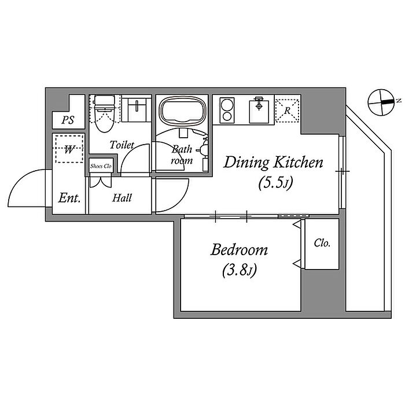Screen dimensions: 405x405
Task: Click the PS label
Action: click(x=68, y=120)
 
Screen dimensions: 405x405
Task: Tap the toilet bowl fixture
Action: click(x=104, y=113)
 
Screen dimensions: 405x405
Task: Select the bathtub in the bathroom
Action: click(x=182, y=111)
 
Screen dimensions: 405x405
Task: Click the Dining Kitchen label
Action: click(x=273, y=163)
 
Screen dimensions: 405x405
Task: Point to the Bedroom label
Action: click(x=239, y=250)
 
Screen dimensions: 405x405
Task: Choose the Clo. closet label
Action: click(x=322, y=243)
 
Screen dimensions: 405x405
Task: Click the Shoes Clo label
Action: click(x=101, y=166)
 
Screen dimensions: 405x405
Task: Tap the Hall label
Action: click(x=122, y=198)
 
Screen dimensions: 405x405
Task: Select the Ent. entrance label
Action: click(x=69, y=198)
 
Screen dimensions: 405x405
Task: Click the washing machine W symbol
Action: click(x=69, y=149)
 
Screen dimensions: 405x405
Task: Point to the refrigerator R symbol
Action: click(x=287, y=111)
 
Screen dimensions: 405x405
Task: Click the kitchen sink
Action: click(x=259, y=111)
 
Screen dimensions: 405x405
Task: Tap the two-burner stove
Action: click(x=227, y=111)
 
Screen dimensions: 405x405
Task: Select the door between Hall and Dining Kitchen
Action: click(x=172, y=196)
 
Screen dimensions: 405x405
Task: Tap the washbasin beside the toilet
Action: click(x=137, y=109)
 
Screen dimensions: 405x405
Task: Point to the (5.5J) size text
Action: click(x=275, y=183)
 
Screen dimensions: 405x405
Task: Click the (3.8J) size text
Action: click(x=239, y=270)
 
